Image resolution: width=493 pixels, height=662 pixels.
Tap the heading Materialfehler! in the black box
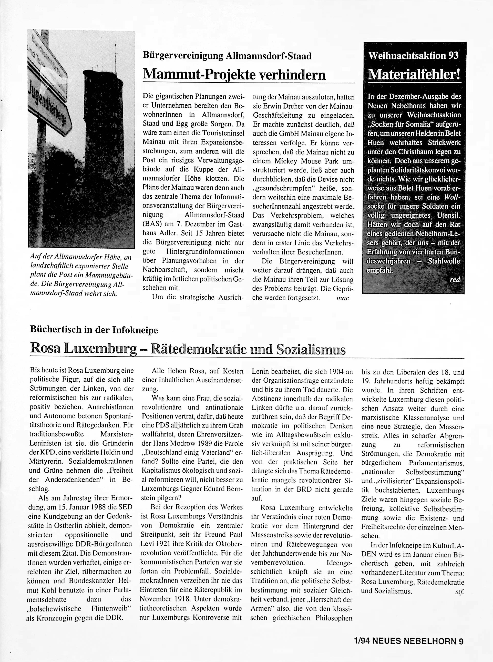coord(414,74)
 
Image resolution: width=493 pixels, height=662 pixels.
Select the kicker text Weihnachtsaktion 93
coord(414,56)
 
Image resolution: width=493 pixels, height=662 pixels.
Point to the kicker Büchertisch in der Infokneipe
coord(94,330)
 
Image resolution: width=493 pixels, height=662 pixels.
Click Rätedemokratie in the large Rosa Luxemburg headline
coord(198,349)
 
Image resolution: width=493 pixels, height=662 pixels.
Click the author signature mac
coord(342,298)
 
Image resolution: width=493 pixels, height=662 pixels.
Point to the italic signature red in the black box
coord(455,280)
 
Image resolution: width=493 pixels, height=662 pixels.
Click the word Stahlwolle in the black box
coord(444,261)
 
